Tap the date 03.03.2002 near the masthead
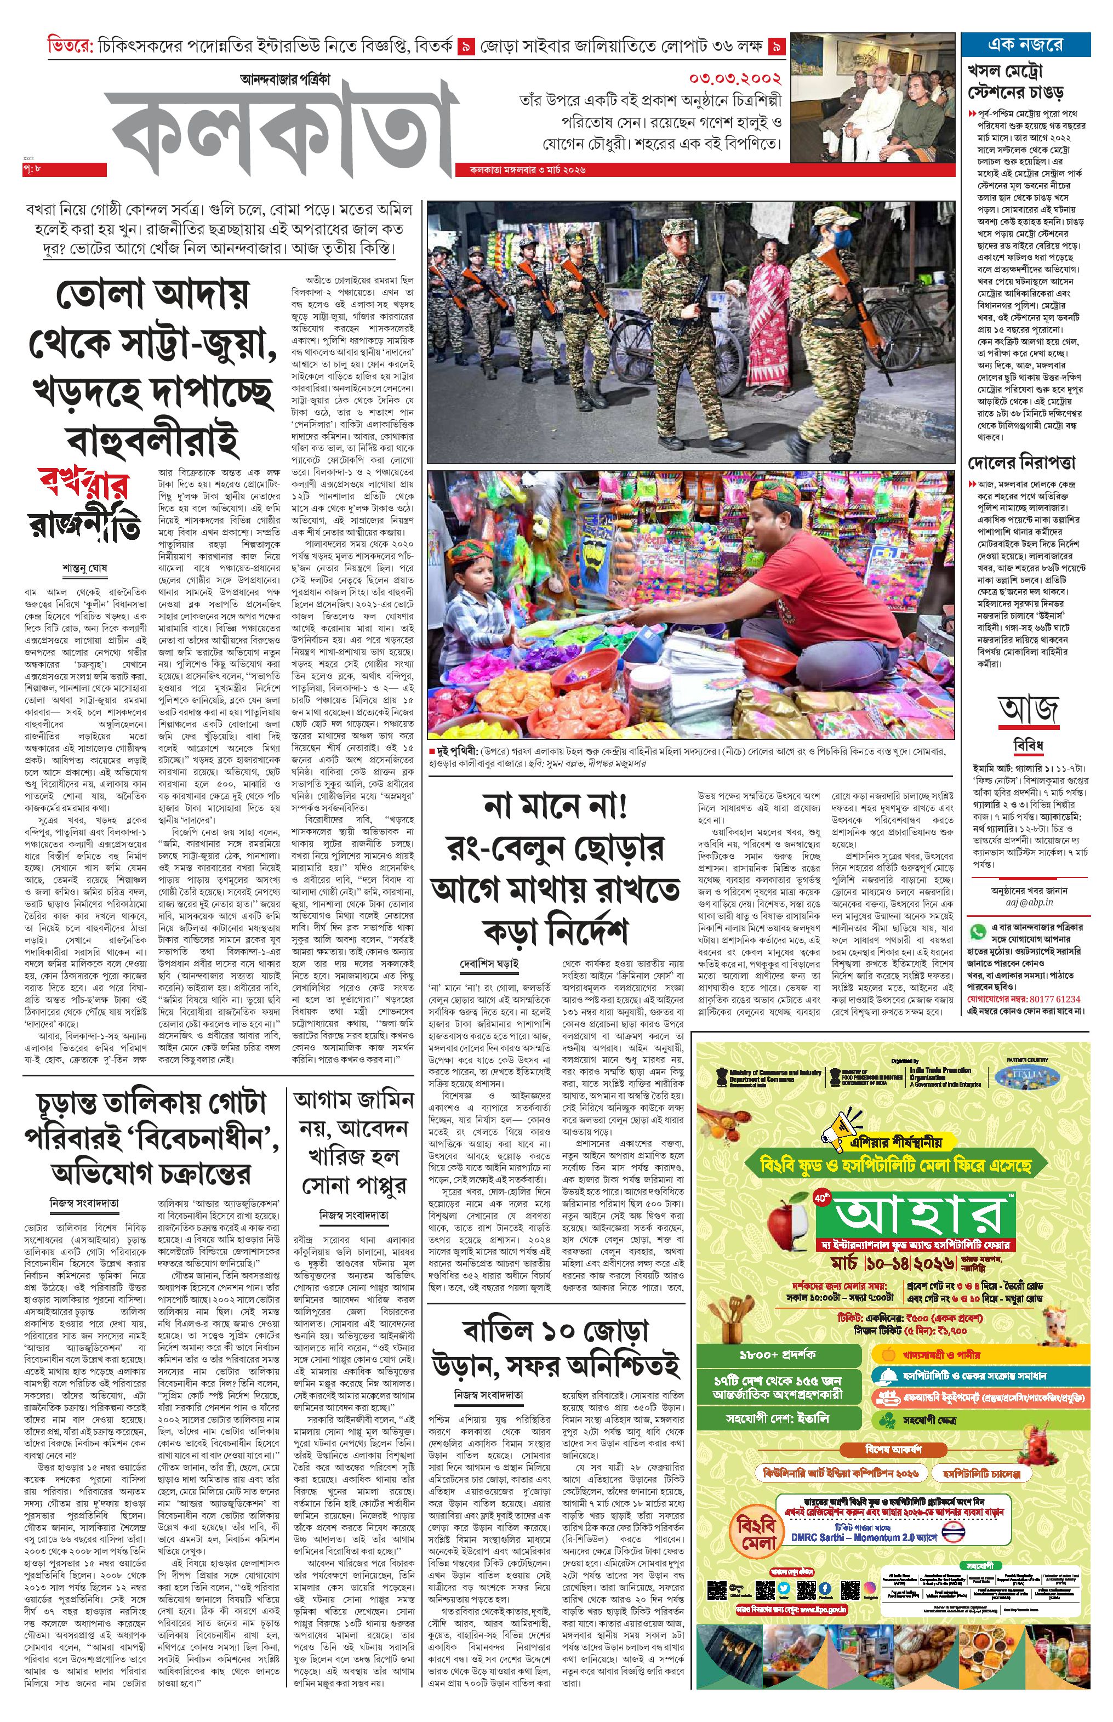[x=734, y=78]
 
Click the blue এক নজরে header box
[x=1025, y=43]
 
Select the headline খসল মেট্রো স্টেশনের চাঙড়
[x=1015, y=82]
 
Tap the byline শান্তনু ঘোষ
[x=84, y=568]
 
